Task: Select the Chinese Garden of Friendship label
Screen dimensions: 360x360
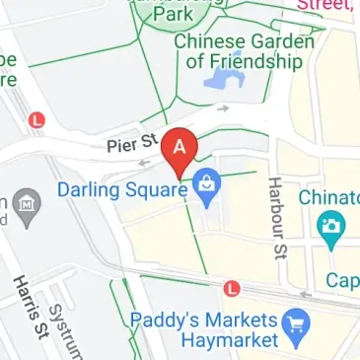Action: coord(243,51)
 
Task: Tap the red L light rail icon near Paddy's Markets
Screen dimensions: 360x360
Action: coord(232,289)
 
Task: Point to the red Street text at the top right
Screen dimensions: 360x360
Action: coord(327,6)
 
